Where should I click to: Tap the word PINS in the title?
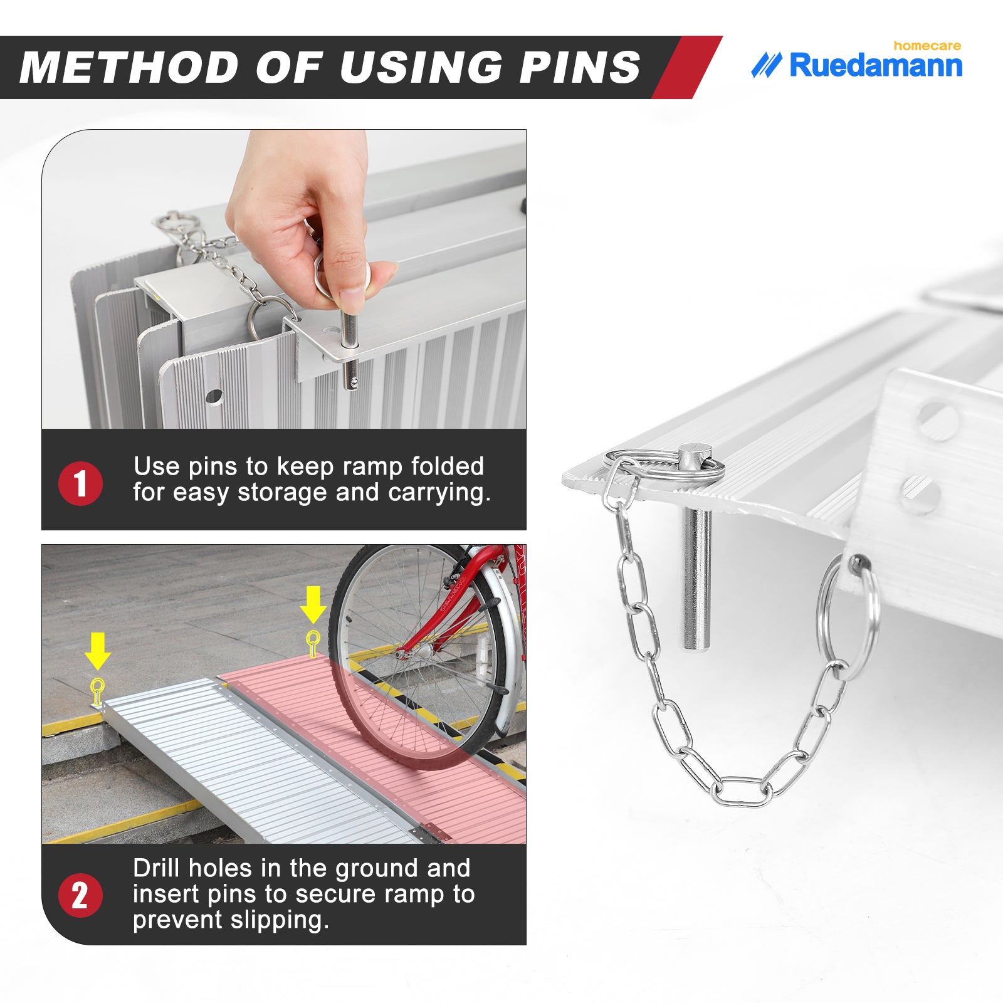580,67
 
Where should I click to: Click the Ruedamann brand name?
876,66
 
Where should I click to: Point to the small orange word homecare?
927,46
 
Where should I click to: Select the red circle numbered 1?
80,483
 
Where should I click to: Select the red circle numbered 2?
80,895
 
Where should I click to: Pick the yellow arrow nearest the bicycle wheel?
313,606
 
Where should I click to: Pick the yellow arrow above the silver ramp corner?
98,651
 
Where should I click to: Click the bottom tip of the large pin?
696,649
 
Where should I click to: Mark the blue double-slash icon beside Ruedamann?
767,65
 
